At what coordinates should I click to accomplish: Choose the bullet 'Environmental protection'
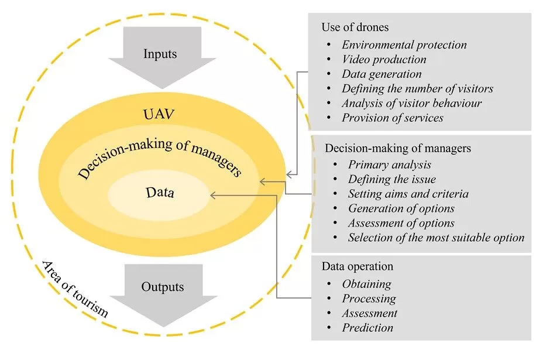(x=404, y=44)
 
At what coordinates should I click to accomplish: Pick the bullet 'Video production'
(x=384, y=59)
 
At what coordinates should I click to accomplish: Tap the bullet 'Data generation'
(x=382, y=74)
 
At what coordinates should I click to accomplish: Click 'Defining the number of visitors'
(x=417, y=88)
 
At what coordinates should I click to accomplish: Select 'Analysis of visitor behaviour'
(x=411, y=103)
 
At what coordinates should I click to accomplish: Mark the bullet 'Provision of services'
(x=393, y=118)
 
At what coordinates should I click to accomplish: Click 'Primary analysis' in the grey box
(x=390, y=164)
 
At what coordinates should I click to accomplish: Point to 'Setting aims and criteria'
(x=408, y=194)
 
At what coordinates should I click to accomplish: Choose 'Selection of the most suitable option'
(x=436, y=238)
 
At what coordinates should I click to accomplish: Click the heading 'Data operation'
(x=357, y=266)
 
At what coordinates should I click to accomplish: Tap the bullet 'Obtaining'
(x=366, y=284)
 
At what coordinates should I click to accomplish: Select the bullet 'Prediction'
(x=367, y=328)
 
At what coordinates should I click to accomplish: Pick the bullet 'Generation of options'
(x=401, y=208)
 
